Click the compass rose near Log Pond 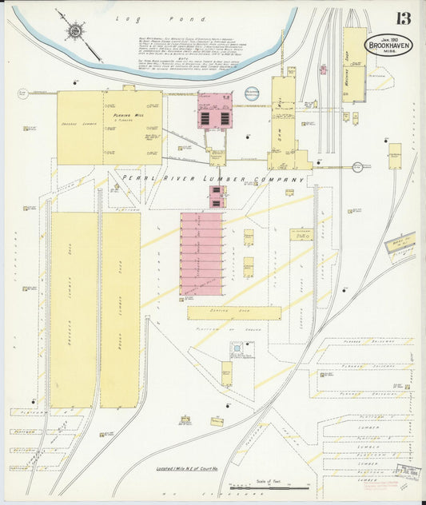(x=74, y=31)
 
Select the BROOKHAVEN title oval (x=389, y=45)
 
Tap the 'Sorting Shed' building (x=234, y=312)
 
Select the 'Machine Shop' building (x=354, y=66)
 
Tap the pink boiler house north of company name (x=215, y=111)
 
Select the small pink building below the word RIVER (x=217, y=197)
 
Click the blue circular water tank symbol (x=252, y=94)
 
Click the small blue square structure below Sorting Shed (x=237, y=350)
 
